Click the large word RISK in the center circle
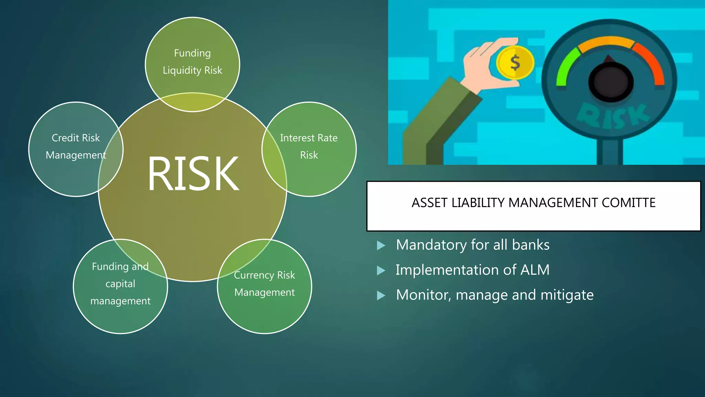click(193, 173)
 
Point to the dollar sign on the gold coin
click(515, 63)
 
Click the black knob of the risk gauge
click(611, 82)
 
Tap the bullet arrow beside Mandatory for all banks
click(381, 245)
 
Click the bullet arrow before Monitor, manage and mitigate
click(381, 295)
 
